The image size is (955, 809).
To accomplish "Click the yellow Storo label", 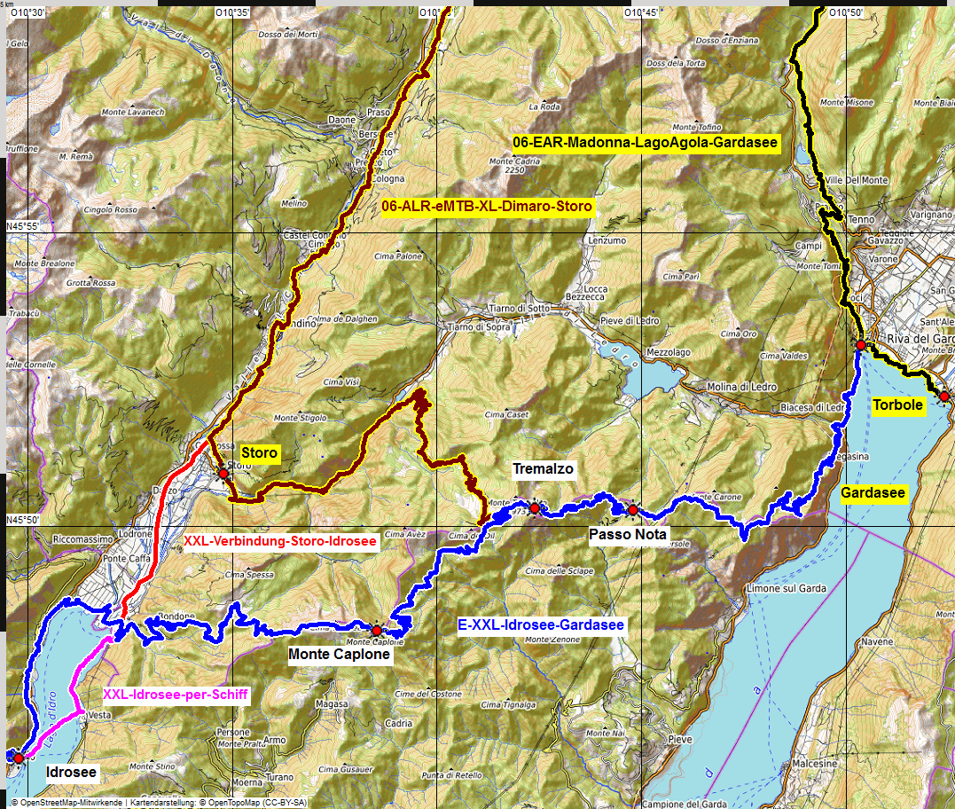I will tap(260, 453).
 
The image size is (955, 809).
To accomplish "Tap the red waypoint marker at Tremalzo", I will tap(535, 507).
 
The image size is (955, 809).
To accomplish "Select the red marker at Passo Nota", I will tap(632, 509).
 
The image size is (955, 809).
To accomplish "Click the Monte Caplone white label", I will tap(340, 655).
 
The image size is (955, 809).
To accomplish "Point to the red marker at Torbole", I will tap(944, 396).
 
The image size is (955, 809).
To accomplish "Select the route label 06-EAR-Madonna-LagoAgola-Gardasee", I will tap(646, 143).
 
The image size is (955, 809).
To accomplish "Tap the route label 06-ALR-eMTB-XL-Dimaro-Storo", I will tap(486, 207).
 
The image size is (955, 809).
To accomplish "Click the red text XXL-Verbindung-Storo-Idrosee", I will tap(280, 540).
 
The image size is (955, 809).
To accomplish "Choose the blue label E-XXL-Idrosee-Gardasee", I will tap(541, 625).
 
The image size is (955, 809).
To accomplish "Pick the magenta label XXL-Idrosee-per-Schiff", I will tap(176, 695).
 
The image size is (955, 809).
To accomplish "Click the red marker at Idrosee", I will tap(19, 758).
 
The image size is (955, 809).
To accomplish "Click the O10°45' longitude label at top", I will tap(638, 12).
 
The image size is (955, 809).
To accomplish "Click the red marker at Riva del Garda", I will tap(860, 344).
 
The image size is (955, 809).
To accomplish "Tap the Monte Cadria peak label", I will tap(514, 161).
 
